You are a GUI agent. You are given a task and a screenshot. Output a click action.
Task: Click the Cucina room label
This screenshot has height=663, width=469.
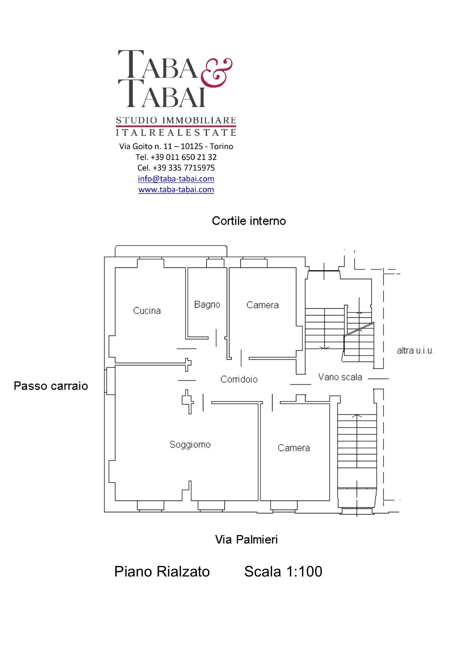pyautogui.click(x=147, y=311)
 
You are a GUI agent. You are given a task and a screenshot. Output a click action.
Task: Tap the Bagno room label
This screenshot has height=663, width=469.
pyautogui.click(x=207, y=304)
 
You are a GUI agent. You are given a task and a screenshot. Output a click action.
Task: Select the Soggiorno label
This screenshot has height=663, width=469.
pyautogui.click(x=190, y=445)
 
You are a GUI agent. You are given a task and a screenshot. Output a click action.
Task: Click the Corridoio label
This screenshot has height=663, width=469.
pyautogui.click(x=239, y=379)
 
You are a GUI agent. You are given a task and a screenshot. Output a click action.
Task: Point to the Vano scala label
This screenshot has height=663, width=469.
pyautogui.click(x=340, y=377)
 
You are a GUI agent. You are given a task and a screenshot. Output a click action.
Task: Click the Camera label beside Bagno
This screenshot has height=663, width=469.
pyautogui.click(x=262, y=305)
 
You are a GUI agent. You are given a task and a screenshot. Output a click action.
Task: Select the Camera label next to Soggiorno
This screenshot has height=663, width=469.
pyautogui.click(x=294, y=448)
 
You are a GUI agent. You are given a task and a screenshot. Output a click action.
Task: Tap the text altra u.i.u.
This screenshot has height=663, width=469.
pyautogui.click(x=415, y=351)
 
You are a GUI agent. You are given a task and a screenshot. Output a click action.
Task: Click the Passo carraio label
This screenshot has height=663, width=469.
pyautogui.click(x=51, y=386)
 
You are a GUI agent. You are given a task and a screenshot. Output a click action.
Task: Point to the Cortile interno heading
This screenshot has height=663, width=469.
pyautogui.click(x=249, y=221)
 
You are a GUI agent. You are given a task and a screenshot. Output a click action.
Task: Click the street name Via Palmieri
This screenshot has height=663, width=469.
pyautogui.click(x=246, y=539)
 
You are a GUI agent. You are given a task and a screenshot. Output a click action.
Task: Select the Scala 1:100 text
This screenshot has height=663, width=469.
pyautogui.click(x=283, y=572)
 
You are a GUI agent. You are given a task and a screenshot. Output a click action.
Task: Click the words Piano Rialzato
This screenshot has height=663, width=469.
pyautogui.click(x=162, y=572)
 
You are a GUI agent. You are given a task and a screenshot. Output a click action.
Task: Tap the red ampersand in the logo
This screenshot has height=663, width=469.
pyautogui.click(x=216, y=73)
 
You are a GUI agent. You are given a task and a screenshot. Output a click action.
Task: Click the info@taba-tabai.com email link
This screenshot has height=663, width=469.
pyautogui.click(x=176, y=179)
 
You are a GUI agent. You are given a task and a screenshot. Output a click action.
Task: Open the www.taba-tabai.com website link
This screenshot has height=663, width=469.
pyautogui.click(x=176, y=190)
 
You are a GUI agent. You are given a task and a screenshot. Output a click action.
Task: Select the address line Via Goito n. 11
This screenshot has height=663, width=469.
pyautogui.click(x=176, y=146)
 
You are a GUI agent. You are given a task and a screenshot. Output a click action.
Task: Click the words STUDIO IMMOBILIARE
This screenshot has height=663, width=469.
pyautogui.click(x=176, y=121)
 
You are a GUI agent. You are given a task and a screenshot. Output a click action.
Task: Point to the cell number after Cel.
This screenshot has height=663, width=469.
pyautogui.click(x=184, y=168)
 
